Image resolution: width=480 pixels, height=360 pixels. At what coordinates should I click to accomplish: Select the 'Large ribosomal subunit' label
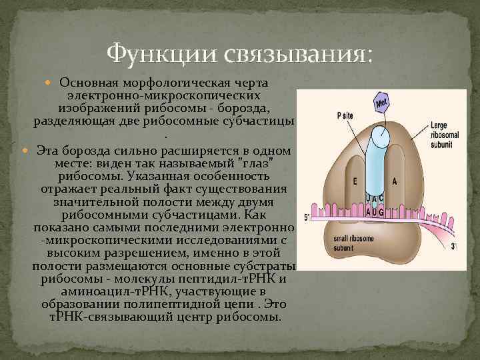[x=443, y=134]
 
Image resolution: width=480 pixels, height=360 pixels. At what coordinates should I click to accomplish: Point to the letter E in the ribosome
[x=355, y=181]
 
